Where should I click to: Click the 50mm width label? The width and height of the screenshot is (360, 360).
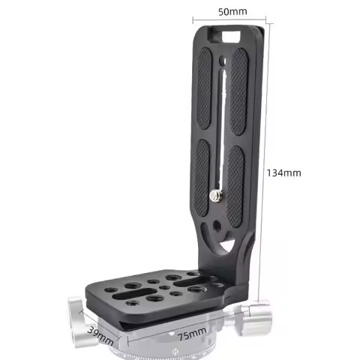[x=230, y=13]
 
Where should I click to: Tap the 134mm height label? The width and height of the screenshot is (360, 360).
[x=283, y=172]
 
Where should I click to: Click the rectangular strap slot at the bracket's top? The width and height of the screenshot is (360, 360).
[x=229, y=34]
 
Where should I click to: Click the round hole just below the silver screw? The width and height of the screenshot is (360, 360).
[x=216, y=224]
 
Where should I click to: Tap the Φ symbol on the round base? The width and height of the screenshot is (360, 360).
[x=175, y=350]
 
